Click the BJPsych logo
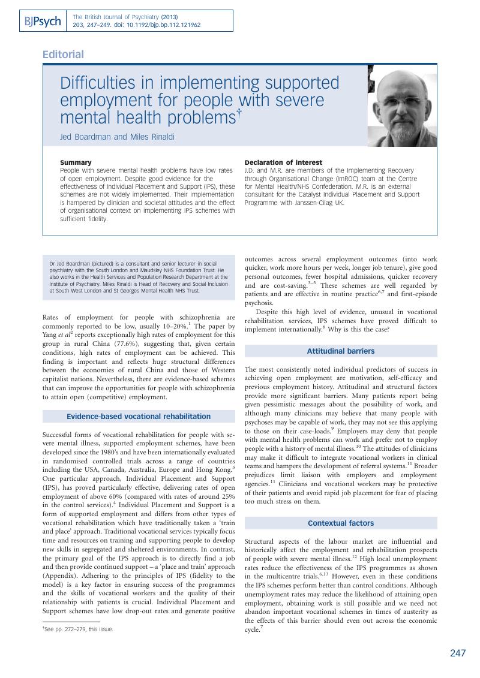coord(43,22)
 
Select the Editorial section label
coord(63,55)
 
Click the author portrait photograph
coord(401,106)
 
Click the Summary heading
coord(76,162)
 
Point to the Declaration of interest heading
coord(283,162)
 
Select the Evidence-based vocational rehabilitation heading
coord(139,416)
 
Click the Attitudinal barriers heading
coord(341,351)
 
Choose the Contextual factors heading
coord(341,523)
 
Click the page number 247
coord(458,653)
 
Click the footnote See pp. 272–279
coord(78,629)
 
